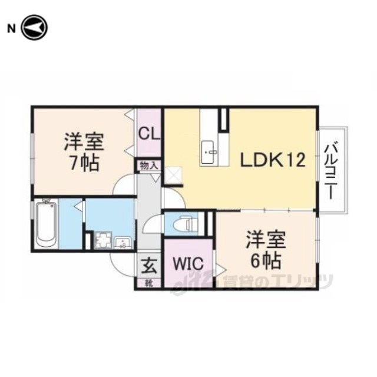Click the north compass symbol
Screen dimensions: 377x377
(x=35, y=28)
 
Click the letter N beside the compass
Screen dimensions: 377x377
(x=12, y=29)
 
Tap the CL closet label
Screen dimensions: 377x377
(x=149, y=134)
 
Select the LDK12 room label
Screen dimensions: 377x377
(x=273, y=160)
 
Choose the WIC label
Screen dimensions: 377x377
(x=188, y=264)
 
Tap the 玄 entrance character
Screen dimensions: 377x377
(x=149, y=266)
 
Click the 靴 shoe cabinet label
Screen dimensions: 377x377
(x=149, y=283)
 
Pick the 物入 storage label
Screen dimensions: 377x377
(x=149, y=166)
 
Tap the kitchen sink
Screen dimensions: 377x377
(x=208, y=153)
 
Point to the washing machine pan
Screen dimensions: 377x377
(x=104, y=240)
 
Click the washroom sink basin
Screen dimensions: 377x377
(x=123, y=243)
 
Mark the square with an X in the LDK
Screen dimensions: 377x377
(x=174, y=176)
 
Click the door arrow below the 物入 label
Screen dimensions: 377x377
(x=156, y=177)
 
